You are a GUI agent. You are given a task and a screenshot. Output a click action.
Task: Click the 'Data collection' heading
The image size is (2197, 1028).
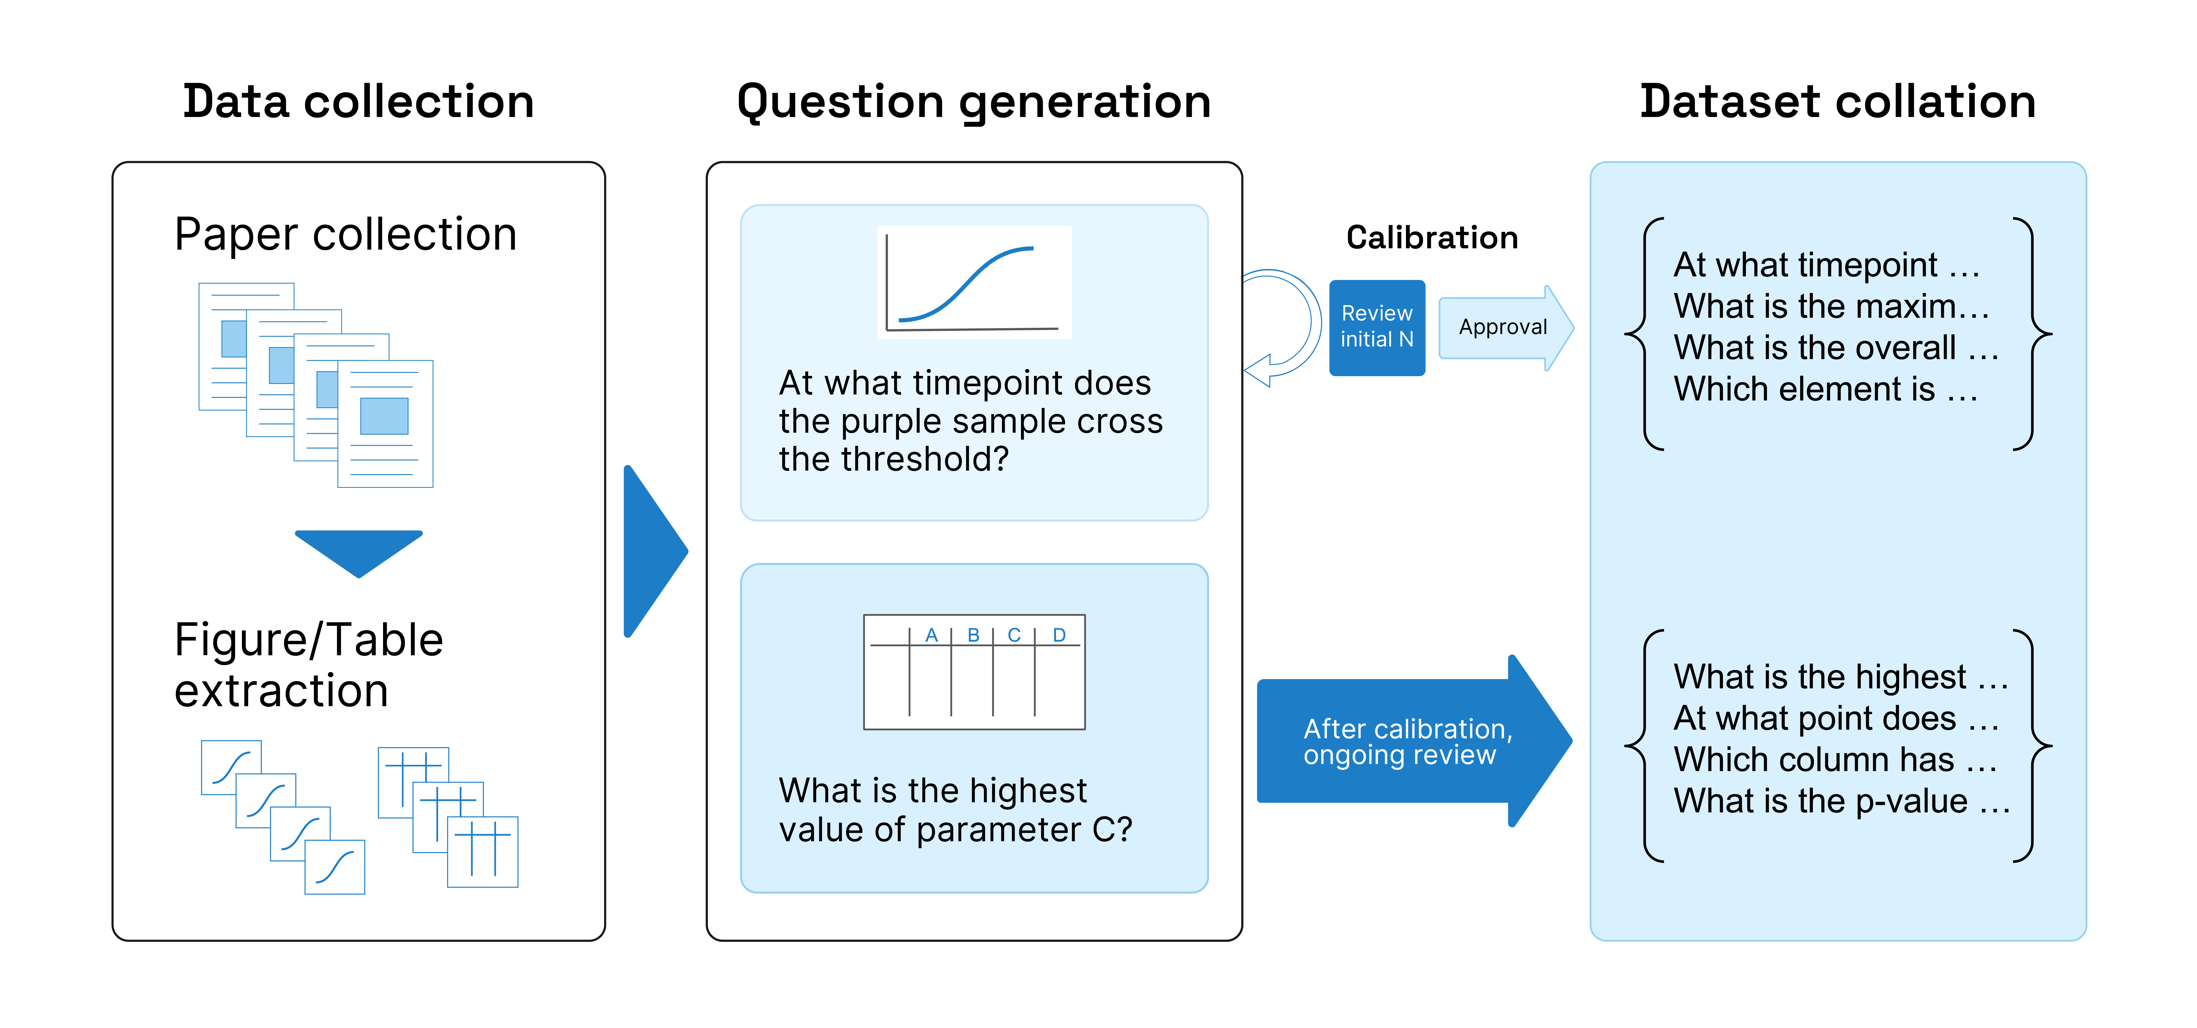358,102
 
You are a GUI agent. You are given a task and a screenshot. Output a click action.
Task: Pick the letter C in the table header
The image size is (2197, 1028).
1014,635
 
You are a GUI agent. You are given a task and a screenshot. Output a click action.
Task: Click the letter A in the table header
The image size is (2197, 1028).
931,635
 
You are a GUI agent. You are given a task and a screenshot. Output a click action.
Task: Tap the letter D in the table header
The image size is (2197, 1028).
1059,635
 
